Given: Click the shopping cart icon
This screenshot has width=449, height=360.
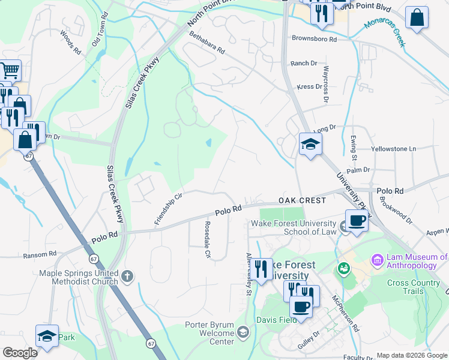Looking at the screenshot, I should (x=10, y=71).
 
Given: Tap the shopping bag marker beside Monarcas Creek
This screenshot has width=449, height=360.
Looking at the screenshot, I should (x=417, y=18).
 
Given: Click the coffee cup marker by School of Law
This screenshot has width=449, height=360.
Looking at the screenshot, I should (x=357, y=221).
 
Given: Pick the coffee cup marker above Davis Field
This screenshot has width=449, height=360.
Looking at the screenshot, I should (x=301, y=307).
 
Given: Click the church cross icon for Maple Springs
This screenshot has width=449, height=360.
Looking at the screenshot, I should (x=127, y=276).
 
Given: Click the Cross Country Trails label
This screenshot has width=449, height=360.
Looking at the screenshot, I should (x=413, y=287).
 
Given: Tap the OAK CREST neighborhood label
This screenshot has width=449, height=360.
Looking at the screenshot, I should (x=301, y=200).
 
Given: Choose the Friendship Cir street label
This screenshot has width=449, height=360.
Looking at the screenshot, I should (x=168, y=209).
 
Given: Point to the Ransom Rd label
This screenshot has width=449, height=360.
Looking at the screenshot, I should (x=40, y=255).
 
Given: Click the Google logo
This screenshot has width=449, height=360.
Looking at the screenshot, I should (x=20, y=353).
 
